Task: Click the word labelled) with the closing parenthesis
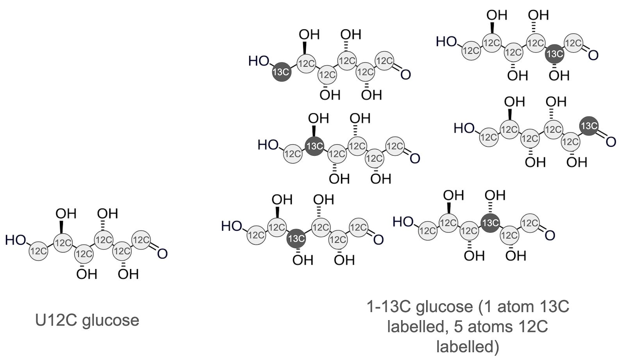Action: (468, 347)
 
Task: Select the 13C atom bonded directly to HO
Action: (281, 72)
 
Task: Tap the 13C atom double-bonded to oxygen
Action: (589, 126)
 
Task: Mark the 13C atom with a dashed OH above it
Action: (490, 223)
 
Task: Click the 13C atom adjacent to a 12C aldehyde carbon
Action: (554, 54)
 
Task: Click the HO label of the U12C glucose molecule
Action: (16, 240)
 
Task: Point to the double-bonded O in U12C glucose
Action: (162, 253)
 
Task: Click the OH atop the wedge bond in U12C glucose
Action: (66, 213)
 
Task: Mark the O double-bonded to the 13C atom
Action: (611, 141)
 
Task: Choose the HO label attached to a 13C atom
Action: (259, 61)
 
